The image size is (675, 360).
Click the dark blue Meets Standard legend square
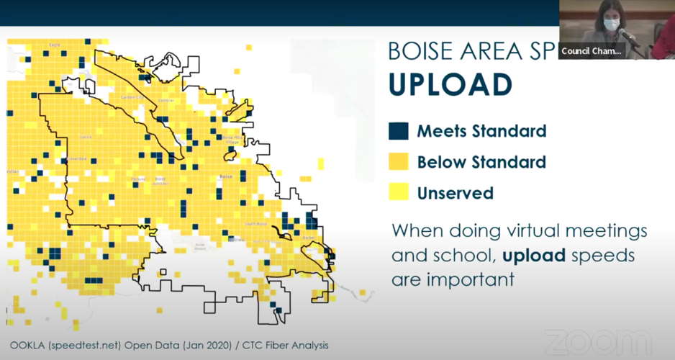pos(398,131)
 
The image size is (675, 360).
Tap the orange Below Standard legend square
pos(398,162)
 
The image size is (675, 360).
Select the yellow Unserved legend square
pos(398,193)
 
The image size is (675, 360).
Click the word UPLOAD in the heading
pos(450,84)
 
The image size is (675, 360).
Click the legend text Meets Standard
pos(481,131)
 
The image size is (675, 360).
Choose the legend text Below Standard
pos(481,162)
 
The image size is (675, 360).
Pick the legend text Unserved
pos(455,193)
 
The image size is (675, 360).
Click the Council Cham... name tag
pos(591,51)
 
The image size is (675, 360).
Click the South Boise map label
pos(256,224)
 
